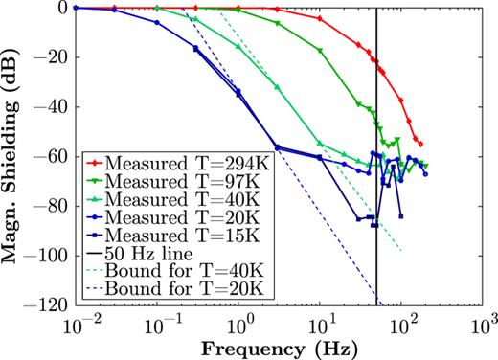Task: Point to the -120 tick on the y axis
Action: tap(53, 306)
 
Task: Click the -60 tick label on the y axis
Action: tap(56, 157)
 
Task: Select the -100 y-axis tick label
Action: tap(53, 257)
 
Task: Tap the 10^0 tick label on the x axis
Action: tap(241, 323)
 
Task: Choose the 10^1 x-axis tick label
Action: tap(323, 323)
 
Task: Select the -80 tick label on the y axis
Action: tap(56, 207)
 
